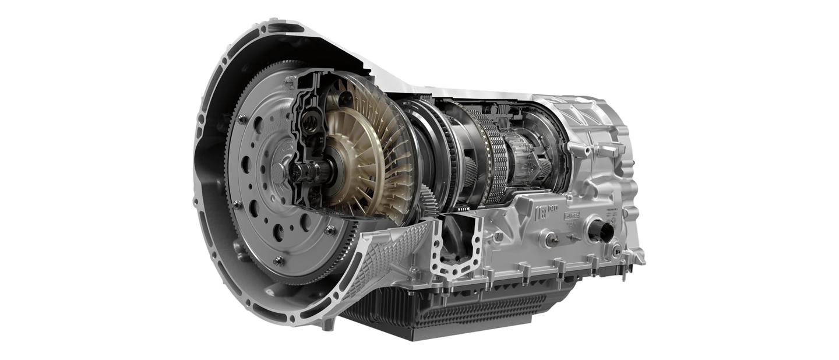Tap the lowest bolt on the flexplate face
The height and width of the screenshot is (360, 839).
click(x=279, y=260)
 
